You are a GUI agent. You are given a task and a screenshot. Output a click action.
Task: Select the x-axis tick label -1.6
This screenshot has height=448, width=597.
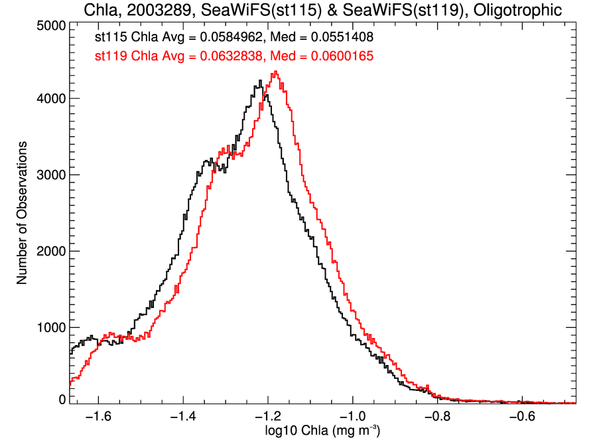tap(98, 417)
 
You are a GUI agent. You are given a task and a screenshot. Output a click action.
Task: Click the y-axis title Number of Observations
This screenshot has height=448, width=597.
tap(22, 213)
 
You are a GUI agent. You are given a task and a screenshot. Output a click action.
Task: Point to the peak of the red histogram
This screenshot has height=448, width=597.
tap(275, 72)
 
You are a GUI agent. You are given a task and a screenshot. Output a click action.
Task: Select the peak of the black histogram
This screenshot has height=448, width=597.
tap(261, 81)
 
